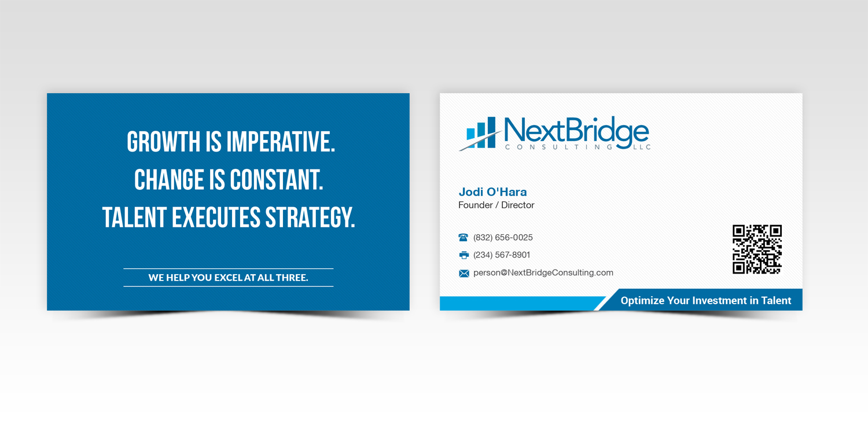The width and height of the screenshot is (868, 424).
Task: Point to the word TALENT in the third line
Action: coord(134,217)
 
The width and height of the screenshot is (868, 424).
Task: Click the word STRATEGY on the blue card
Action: coord(310,217)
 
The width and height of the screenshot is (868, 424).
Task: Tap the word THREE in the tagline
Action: coord(292,278)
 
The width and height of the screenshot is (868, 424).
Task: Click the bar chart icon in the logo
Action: coord(481,134)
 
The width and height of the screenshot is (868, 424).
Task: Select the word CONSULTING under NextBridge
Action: coord(558,148)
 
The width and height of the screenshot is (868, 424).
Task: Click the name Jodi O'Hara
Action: coord(492,192)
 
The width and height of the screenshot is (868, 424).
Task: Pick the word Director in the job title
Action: coord(518,205)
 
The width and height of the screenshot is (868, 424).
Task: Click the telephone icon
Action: coord(464,238)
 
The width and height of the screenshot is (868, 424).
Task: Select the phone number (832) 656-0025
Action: coord(503,238)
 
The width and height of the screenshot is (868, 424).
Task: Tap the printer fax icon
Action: coord(464,255)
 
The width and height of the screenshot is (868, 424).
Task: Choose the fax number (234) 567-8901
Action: coord(502,255)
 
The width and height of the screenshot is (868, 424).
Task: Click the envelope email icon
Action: coord(464,273)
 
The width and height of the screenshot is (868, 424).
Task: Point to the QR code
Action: coord(757,249)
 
